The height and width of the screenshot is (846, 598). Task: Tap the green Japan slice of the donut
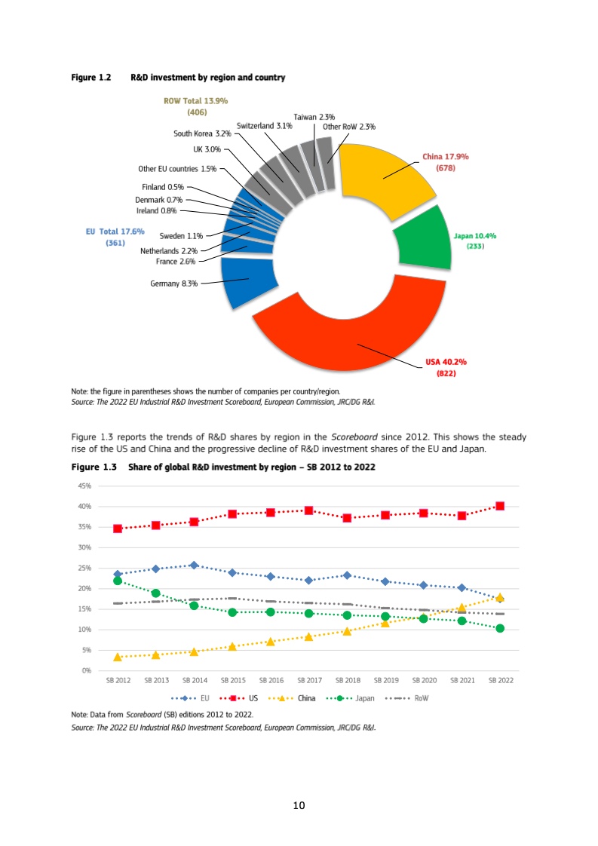[x=422, y=239]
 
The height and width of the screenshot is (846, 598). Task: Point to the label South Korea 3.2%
[x=203, y=133]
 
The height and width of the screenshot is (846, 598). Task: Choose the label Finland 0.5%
[x=163, y=186]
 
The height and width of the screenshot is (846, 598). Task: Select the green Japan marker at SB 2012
[x=118, y=581]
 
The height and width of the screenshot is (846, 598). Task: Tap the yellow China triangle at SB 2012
[x=118, y=657]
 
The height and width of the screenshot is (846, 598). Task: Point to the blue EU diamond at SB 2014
[x=194, y=565]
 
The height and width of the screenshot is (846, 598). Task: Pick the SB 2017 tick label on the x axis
[x=309, y=680]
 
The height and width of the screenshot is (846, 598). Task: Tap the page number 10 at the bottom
[x=299, y=807]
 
